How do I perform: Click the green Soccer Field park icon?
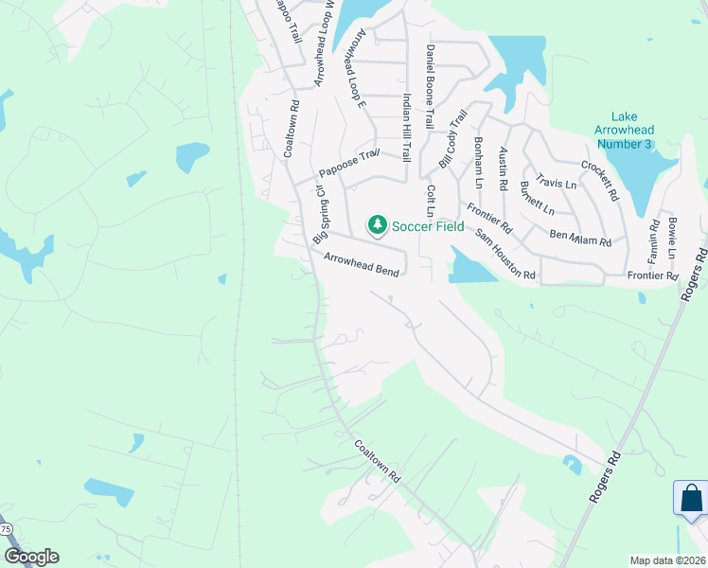(x=378, y=224)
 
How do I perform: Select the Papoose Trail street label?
(x=348, y=162)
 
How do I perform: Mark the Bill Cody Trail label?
(x=453, y=140)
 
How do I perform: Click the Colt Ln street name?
(x=431, y=202)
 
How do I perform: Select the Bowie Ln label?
(x=672, y=238)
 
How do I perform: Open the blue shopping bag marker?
(x=691, y=498)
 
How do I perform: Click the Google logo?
(x=31, y=557)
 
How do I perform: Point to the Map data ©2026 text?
(x=667, y=560)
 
